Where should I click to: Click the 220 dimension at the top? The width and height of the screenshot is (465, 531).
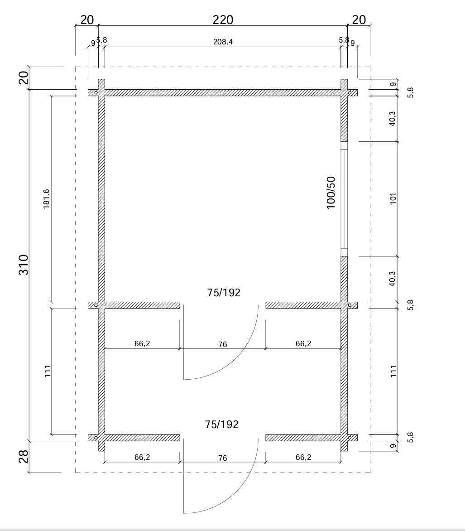223,20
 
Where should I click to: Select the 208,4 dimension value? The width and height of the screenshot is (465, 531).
223,42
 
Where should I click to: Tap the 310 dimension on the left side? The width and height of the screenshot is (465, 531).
24,265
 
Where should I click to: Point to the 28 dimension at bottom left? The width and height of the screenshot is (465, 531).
24,457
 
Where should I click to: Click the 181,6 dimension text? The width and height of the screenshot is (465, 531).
46,199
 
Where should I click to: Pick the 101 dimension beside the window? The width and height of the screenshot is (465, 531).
393,198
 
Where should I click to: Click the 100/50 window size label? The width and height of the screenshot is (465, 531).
331,193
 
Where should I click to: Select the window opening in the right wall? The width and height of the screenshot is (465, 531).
344,199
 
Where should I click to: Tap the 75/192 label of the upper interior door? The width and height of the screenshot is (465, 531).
224,293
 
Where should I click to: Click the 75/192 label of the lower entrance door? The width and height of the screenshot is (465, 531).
222,425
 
